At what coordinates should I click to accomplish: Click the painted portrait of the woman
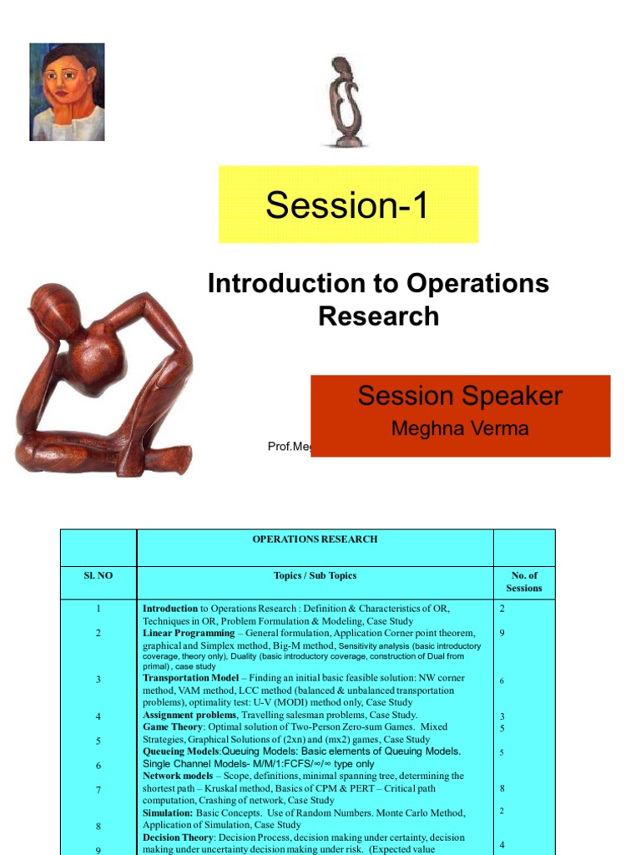click(x=67, y=92)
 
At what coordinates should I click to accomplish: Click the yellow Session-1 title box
click(x=348, y=205)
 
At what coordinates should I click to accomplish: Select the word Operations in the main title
click(x=477, y=284)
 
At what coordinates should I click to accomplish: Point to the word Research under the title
click(x=378, y=316)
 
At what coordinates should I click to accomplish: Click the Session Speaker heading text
click(x=460, y=396)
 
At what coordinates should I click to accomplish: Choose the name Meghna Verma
click(x=460, y=429)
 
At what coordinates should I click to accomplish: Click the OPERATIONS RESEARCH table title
click(x=315, y=539)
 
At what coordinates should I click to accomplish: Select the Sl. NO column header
click(x=98, y=576)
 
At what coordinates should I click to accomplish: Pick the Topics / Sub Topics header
click(x=315, y=576)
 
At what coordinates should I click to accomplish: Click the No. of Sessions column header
click(x=524, y=582)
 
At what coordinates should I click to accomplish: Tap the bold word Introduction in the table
click(x=170, y=609)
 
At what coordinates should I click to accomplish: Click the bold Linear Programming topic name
click(x=189, y=633)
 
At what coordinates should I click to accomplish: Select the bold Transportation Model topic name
click(x=190, y=678)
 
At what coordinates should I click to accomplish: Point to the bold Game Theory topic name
click(x=173, y=727)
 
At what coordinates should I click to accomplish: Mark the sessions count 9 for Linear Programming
click(x=502, y=633)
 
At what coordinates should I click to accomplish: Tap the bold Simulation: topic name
click(x=168, y=812)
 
